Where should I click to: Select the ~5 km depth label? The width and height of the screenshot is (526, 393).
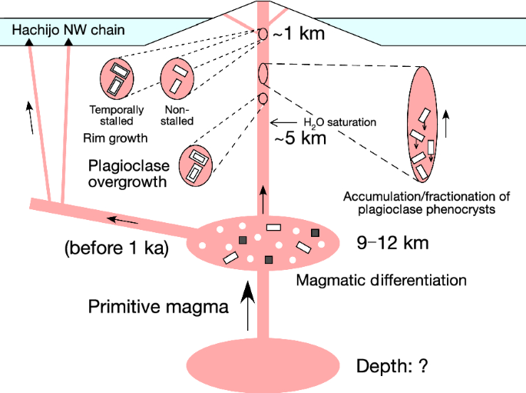coord(301,139)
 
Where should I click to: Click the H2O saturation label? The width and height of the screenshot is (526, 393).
coord(339,122)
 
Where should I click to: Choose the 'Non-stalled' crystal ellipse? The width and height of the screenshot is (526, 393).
coord(178,77)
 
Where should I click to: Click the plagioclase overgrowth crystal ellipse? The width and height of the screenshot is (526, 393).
coord(196,162)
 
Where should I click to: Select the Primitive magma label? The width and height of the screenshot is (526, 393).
coord(158,307)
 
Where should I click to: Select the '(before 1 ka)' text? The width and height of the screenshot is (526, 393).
coord(115,249)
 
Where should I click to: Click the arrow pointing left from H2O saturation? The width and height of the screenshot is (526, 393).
coord(284,122)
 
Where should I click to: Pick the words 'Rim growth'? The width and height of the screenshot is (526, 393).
coord(114,139)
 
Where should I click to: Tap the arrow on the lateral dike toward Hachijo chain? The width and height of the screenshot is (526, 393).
coord(122,221)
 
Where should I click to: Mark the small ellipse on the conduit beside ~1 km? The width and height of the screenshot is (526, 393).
coord(262,35)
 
